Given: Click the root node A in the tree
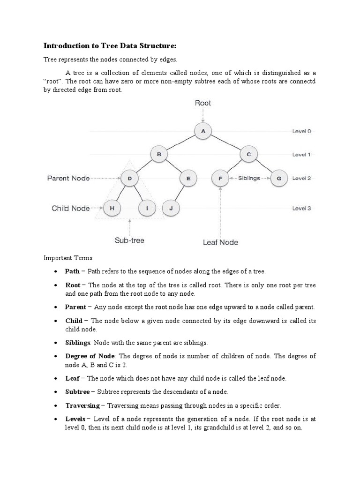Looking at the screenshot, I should [203, 131].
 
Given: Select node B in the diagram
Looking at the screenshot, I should [158, 154].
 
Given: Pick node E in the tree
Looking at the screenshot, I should [188, 178].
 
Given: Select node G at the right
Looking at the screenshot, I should [279, 178].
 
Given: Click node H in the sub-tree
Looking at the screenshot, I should [112, 208].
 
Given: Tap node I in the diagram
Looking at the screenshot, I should [147, 208].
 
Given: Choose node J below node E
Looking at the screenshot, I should [171, 208].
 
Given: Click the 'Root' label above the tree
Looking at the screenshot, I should [203, 103].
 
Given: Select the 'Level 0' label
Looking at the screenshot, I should [301, 132].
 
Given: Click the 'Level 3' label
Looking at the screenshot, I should [301, 209].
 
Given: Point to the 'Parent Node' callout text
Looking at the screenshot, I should [68, 178].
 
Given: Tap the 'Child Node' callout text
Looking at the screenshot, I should [71, 208].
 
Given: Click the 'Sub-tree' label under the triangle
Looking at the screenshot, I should [130, 240].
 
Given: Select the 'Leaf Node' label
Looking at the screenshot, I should [220, 242].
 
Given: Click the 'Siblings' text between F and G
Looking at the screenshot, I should [249, 178].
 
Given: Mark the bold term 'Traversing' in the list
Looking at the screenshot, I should [82, 405].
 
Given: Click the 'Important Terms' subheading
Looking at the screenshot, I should [68, 258].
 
